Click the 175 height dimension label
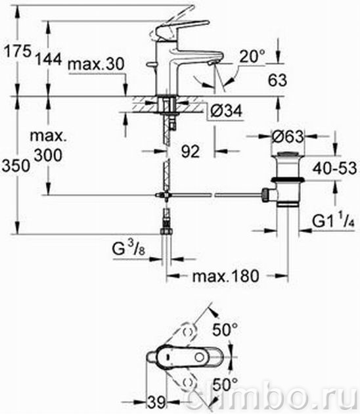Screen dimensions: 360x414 point(18,51)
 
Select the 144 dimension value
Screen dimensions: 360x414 point(49,59)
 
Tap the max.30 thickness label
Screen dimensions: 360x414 point(96,64)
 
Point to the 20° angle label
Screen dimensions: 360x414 point(252,56)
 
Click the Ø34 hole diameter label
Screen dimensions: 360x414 point(226,110)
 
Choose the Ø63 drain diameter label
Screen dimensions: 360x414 point(288,137)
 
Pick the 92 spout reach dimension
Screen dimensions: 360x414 point(191,152)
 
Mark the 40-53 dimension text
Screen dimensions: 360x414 point(334,168)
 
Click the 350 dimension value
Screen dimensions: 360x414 point(16,166)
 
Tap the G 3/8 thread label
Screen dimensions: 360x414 point(129,248)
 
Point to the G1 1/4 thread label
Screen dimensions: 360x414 point(333,221)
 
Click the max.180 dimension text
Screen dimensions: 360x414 point(226,277)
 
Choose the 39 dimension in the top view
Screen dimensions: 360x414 point(156,403)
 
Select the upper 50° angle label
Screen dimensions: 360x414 point(225,330)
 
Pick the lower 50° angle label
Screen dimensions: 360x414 point(225,384)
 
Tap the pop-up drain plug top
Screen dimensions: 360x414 point(288,154)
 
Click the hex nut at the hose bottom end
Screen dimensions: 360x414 point(166,231)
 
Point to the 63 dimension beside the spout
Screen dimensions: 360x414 point(277,80)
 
